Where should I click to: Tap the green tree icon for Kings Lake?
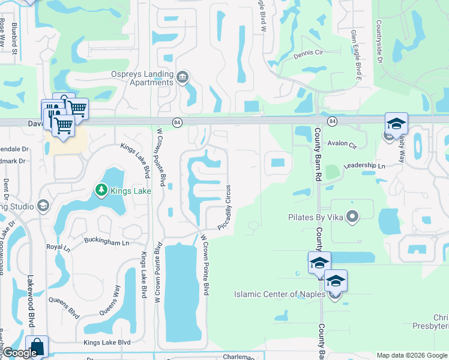click(101, 191)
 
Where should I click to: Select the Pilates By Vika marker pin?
click(352, 216)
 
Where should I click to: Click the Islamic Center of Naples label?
click(279, 293)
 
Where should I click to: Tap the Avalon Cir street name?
click(342, 145)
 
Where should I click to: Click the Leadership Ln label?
click(364, 166)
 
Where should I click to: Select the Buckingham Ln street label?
click(109, 243)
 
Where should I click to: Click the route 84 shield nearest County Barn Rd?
click(333, 121)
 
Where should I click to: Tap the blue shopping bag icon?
click(37, 346)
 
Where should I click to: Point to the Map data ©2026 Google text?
click(411, 355)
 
